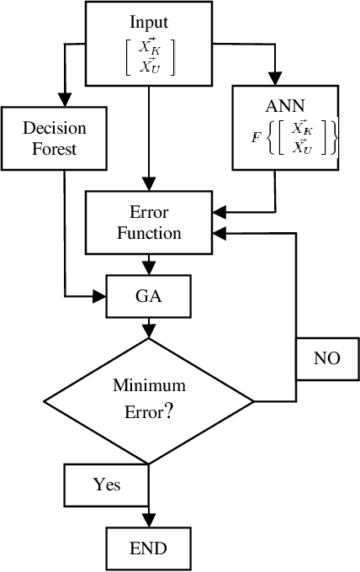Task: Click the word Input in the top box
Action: coord(148,20)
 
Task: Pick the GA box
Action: coord(149,297)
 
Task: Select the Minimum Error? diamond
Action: coord(149,400)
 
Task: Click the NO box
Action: coord(327,357)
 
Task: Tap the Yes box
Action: coord(107,484)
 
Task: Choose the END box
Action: coord(148,548)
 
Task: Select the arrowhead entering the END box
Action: coord(148,522)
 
